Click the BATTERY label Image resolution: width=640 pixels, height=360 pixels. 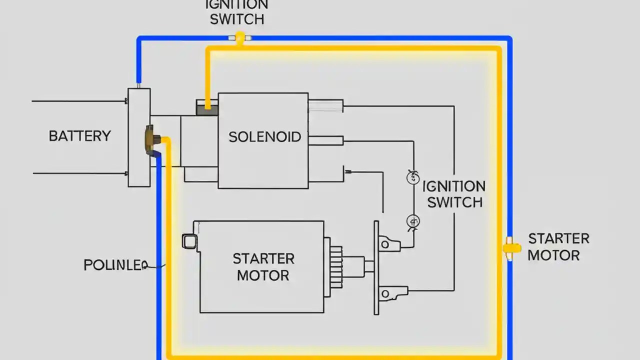pos(79,136)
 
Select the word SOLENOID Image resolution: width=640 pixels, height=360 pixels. pos(264,137)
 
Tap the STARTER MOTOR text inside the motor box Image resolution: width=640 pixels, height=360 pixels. pos(263,267)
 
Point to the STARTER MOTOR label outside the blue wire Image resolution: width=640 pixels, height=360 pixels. pos(558,247)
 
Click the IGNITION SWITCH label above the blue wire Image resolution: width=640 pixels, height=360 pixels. pos(237,12)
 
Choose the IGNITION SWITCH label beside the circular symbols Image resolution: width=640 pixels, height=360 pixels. pos(454,194)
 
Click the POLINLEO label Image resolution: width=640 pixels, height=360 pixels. pos(115,265)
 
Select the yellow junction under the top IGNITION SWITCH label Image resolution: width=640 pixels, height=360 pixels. pos(240,38)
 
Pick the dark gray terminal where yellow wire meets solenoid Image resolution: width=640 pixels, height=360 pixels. pos(207,108)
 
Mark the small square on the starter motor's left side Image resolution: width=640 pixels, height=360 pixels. pos(189,241)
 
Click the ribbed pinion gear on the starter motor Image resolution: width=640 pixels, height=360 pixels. pos(335,265)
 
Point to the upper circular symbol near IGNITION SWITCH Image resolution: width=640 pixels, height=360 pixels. pos(413,177)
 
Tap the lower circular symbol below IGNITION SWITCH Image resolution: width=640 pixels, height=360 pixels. pos(413,221)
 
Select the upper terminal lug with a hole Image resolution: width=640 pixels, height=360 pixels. pos(388,244)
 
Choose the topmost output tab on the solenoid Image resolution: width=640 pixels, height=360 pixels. pos(325,105)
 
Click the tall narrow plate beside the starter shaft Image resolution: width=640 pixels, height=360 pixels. pos(376,267)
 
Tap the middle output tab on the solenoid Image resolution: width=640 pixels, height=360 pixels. pos(325,140)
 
